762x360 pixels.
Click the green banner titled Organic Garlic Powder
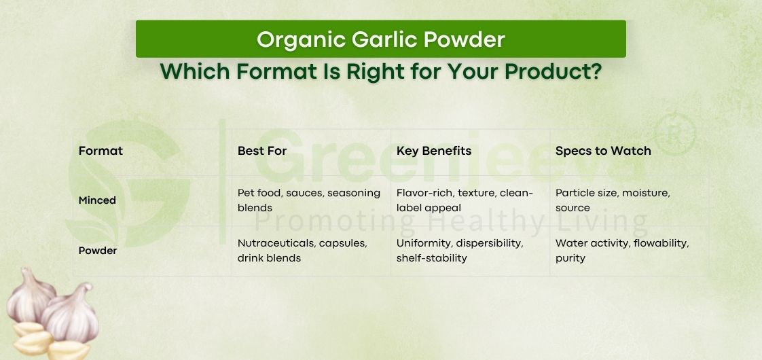tap(380, 39)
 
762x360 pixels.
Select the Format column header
tap(101, 151)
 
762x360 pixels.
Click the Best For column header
tap(262, 151)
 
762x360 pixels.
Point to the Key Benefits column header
tap(433, 151)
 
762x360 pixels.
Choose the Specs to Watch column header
tap(602, 151)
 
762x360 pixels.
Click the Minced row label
tap(97, 200)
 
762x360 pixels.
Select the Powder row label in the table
tap(98, 251)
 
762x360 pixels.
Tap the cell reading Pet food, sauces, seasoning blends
tap(308, 200)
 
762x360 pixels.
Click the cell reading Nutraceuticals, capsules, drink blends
tap(302, 251)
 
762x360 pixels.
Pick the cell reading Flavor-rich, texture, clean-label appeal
tap(465, 200)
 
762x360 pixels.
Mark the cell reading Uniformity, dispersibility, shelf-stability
tap(460, 251)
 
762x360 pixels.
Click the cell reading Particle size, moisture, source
tap(613, 200)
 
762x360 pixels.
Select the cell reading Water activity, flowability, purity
tap(621, 251)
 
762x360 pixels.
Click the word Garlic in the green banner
tap(385, 39)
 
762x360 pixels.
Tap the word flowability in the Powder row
tap(661, 243)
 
